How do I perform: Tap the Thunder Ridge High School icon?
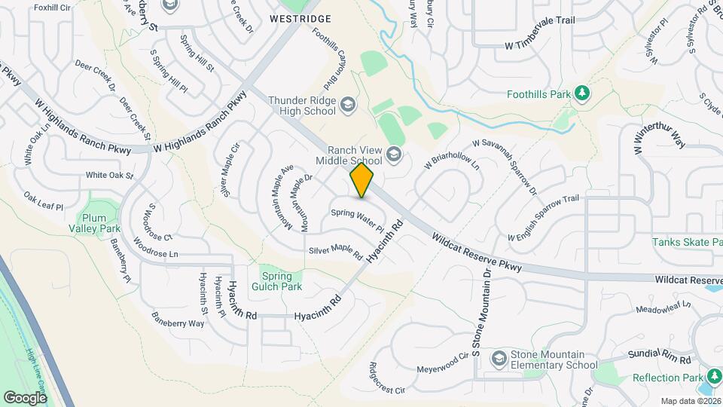[348, 103]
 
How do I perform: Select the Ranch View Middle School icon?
[393, 156]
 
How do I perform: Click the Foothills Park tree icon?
[581, 93]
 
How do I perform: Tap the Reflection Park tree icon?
[711, 378]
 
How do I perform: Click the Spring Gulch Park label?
[281, 281]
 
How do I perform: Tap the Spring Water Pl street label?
[358, 221]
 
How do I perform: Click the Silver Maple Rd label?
[335, 252]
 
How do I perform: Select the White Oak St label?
[109, 176]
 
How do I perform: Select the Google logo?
[26, 397]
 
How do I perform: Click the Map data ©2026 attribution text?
[691, 401]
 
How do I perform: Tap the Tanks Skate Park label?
[687, 242]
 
